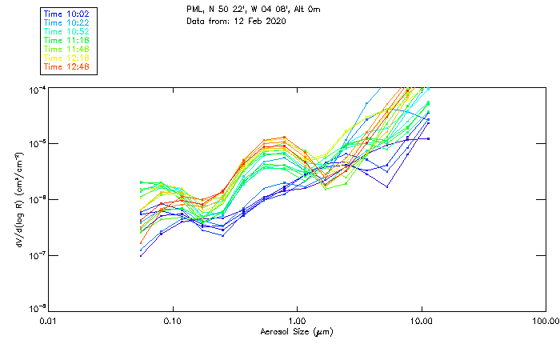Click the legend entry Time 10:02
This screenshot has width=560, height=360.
pyautogui.click(x=67, y=14)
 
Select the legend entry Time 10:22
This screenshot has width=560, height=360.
pyautogui.click(x=67, y=22)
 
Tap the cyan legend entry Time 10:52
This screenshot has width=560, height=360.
pyautogui.click(x=67, y=31)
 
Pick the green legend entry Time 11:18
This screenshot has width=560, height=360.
pyautogui.click(x=67, y=40)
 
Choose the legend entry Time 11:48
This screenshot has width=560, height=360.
pyautogui.click(x=67, y=49)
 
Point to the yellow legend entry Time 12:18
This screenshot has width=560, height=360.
pyautogui.click(x=67, y=58)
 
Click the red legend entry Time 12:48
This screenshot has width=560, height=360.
pyautogui.click(x=67, y=66)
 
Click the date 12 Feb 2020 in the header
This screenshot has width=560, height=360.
pyautogui.click(x=259, y=21)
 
